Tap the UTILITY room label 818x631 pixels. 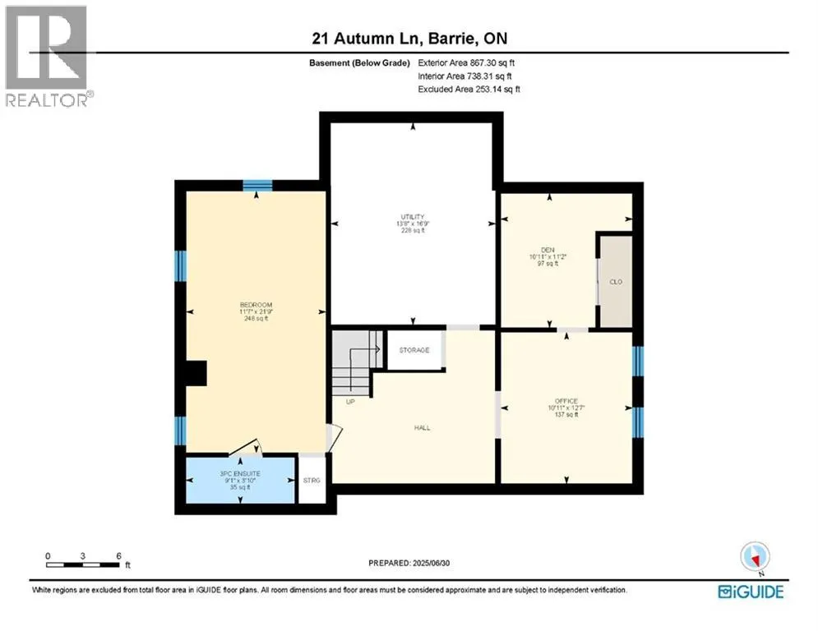pos(414,217)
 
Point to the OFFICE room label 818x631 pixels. pos(566,400)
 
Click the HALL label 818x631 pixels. pos(423,427)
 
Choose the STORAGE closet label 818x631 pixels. pos(414,350)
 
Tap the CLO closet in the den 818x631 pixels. pos(615,280)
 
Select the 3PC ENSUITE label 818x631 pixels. pos(239,474)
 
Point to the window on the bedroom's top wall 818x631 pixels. pos(257,184)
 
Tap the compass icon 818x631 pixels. pos(753,557)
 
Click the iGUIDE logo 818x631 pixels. pos(750,592)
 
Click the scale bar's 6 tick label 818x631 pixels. pos(119,555)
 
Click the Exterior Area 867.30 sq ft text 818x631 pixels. pos(467,62)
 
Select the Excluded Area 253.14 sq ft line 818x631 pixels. pos(469,89)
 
